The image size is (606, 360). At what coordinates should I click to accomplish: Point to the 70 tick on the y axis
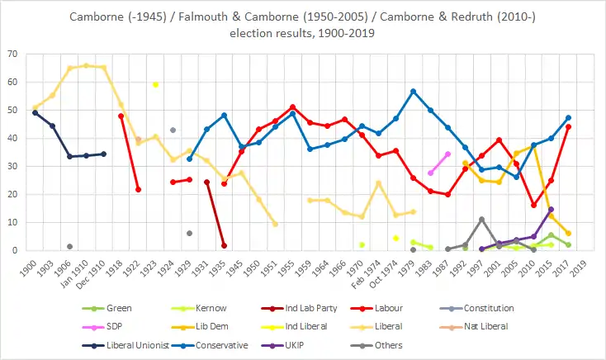(17, 54)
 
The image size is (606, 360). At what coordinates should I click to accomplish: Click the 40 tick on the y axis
(17, 138)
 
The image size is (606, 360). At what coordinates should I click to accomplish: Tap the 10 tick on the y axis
(17, 222)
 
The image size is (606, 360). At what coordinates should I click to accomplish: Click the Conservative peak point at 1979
(413, 91)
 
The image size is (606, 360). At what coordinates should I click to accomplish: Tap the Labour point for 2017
(568, 126)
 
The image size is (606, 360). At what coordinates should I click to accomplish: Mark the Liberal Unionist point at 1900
(35, 112)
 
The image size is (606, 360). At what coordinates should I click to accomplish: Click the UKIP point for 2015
(551, 209)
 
